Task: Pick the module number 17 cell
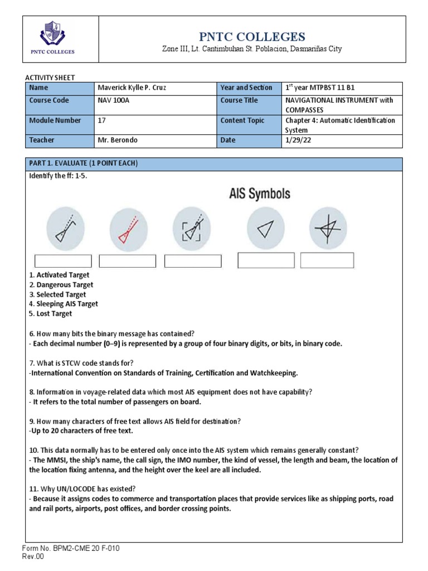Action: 101,120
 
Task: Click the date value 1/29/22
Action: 297,141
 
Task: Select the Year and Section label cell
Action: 246,88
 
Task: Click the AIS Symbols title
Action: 260,194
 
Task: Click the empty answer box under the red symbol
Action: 128,261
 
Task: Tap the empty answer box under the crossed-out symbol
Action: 327,260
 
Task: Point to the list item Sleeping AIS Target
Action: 63,304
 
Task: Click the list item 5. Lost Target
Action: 50,314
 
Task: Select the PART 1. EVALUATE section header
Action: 82,163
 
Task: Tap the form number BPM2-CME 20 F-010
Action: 73,549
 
